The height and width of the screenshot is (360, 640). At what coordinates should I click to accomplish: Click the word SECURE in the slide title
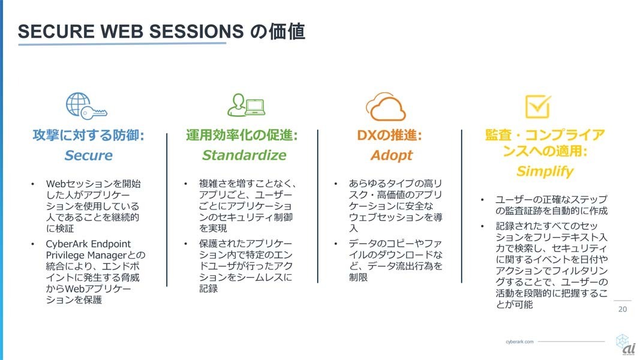click(56, 31)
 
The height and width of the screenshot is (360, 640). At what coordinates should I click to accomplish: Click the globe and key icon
click(86, 106)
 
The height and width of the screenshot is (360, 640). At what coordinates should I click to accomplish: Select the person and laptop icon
click(246, 106)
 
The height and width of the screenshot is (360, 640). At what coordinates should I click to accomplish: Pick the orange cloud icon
click(386, 107)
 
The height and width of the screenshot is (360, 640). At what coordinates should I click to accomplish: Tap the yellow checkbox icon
click(538, 106)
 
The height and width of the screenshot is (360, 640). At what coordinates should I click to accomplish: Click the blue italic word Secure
click(89, 155)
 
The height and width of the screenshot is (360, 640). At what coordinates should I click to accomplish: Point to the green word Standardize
click(244, 155)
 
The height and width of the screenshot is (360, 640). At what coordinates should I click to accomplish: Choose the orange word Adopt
click(392, 155)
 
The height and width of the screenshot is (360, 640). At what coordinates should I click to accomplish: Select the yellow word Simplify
click(545, 172)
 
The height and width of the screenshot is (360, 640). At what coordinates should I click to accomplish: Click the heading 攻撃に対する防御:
click(89, 135)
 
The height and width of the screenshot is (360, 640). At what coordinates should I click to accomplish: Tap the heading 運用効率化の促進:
click(242, 135)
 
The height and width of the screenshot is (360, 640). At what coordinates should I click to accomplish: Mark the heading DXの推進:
click(389, 135)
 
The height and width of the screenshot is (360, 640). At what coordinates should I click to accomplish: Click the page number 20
click(623, 310)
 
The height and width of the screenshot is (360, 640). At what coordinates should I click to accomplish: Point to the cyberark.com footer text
click(519, 341)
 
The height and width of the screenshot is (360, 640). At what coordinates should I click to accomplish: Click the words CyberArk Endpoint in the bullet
click(88, 244)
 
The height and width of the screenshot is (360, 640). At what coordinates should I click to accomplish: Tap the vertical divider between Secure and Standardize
click(167, 210)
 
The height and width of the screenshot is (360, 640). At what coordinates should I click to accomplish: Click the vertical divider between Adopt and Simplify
click(462, 206)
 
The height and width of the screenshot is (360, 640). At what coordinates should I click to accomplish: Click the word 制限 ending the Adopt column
click(358, 278)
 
